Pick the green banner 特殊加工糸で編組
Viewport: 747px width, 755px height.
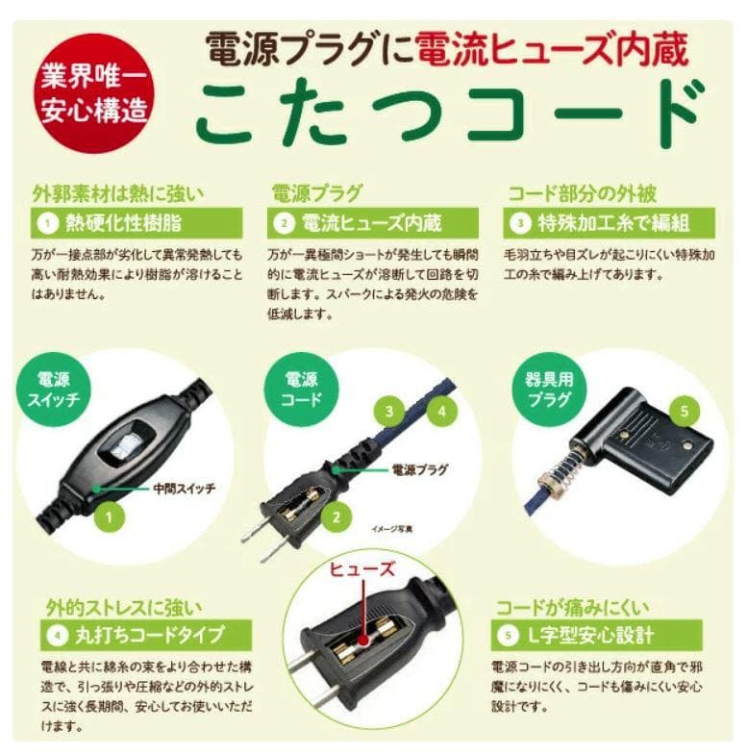tap(610, 224)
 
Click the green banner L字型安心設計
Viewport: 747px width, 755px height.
tap(597, 635)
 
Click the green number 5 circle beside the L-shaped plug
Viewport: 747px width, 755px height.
tap(684, 412)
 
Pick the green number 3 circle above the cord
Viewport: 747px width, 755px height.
tap(388, 412)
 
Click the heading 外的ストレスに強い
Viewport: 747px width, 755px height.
tap(124, 608)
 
